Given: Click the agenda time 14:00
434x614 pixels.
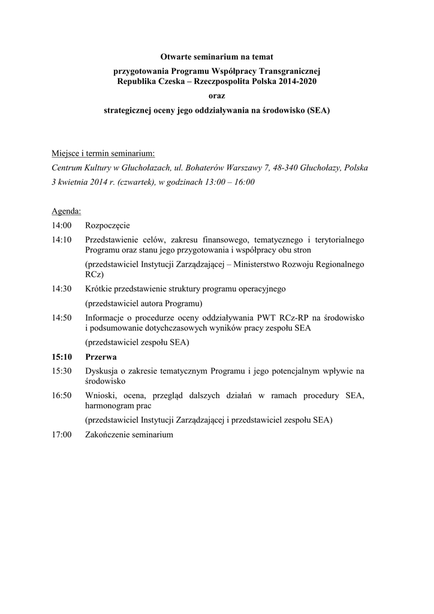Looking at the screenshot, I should coord(62,225).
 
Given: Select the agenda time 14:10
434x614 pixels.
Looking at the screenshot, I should coord(62,239).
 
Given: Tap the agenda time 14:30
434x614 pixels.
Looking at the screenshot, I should coord(62,288).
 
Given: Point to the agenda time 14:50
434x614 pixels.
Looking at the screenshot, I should coord(62,317).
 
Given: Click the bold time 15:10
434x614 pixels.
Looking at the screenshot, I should coord(62,357).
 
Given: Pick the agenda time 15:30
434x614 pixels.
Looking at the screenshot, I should coord(62,371).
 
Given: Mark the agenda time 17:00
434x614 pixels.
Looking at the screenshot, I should coord(62,434).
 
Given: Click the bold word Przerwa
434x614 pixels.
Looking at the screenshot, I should coord(101,357).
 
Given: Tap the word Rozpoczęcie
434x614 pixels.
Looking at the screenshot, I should coord(107,225).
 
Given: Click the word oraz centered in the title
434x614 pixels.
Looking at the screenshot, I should coord(216,95).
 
